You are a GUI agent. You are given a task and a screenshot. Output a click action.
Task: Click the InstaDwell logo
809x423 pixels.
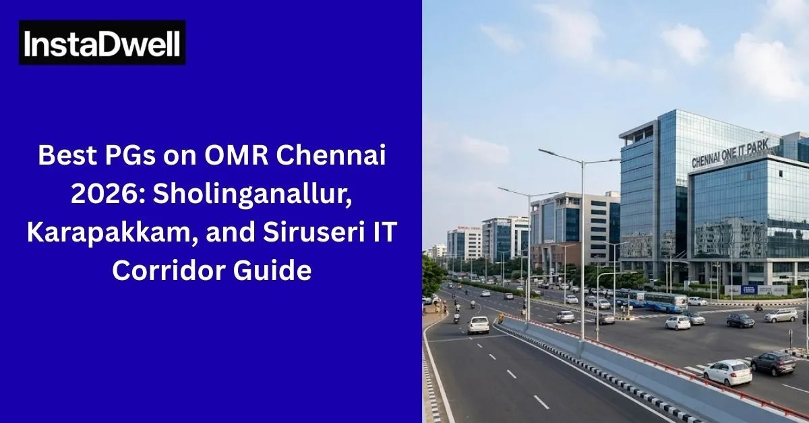coord(102,43)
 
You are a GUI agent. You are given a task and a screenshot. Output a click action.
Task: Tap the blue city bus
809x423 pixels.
coord(664,301)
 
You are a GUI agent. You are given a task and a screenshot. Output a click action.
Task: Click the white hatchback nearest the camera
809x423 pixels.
coord(727,372)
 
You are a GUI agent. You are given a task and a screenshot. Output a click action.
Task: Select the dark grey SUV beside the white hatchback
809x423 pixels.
coord(773,363)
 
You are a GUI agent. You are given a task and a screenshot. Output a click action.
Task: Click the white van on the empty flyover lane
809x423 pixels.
coord(479,325)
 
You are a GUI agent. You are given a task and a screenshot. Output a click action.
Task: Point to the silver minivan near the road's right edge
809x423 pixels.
coord(780,315)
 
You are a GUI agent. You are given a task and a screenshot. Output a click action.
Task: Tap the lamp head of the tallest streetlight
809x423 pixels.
coord(543,152)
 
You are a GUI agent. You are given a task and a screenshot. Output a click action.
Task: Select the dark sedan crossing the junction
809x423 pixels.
coord(740,320)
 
